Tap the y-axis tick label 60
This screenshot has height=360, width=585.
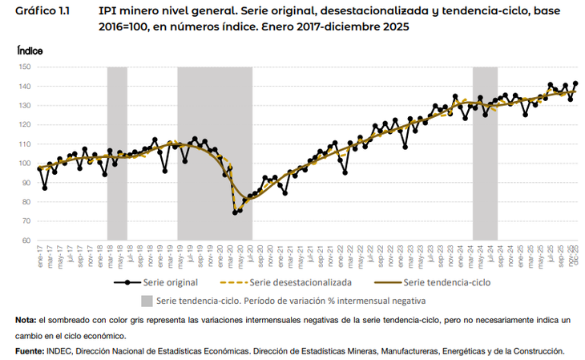pyautogui.click(x=26, y=241)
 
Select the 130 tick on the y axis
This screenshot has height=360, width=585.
pyautogui.click(x=24, y=106)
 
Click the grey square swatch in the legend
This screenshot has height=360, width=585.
pyautogui.click(x=147, y=301)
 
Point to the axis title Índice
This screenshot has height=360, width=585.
pyautogui.click(x=30, y=50)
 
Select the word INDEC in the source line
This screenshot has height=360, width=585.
pyautogui.click(x=70, y=351)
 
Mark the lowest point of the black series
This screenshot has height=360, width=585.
pyautogui.click(x=235, y=212)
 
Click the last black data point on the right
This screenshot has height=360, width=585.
pyautogui.click(x=575, y=83)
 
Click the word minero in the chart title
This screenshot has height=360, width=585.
pyautogui.click(x=139, y=13)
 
